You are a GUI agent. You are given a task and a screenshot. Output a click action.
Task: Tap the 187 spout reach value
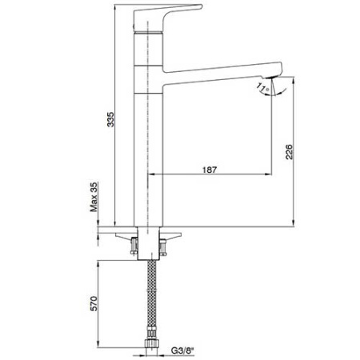[211, 167]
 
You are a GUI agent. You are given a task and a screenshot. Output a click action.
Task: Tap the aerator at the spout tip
[273, 80]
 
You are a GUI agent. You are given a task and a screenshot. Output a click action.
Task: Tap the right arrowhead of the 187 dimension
[272, 174]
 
